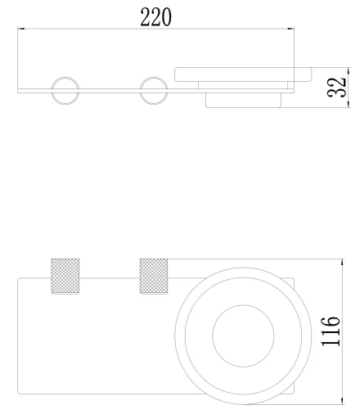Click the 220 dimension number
156,17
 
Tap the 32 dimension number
336,88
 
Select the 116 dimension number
331,331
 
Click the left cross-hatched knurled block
65,276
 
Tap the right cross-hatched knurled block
154,276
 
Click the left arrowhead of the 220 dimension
20,29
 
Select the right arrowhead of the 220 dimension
291,29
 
